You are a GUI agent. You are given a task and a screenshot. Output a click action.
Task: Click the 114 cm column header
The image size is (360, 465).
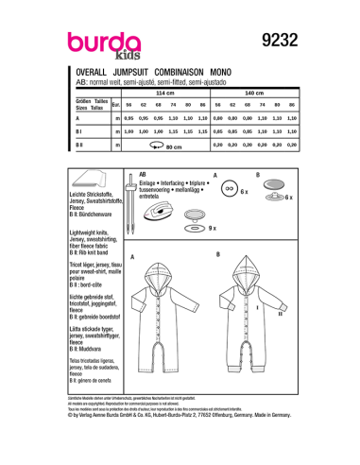tap(165, 95)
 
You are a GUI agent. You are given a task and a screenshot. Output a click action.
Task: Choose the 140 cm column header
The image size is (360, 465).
tap(253, 95)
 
